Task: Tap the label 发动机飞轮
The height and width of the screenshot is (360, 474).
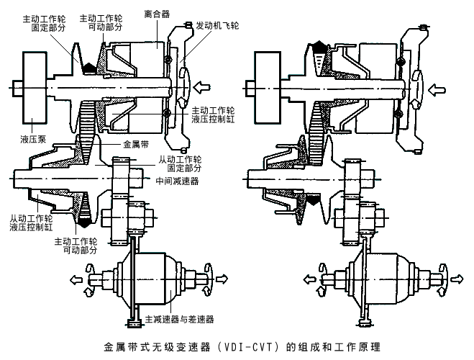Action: tap(219, 24)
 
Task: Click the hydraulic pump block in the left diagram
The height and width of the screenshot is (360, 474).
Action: tap(29, 87)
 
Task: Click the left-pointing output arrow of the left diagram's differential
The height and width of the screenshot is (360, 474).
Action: tap(77, 277)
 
